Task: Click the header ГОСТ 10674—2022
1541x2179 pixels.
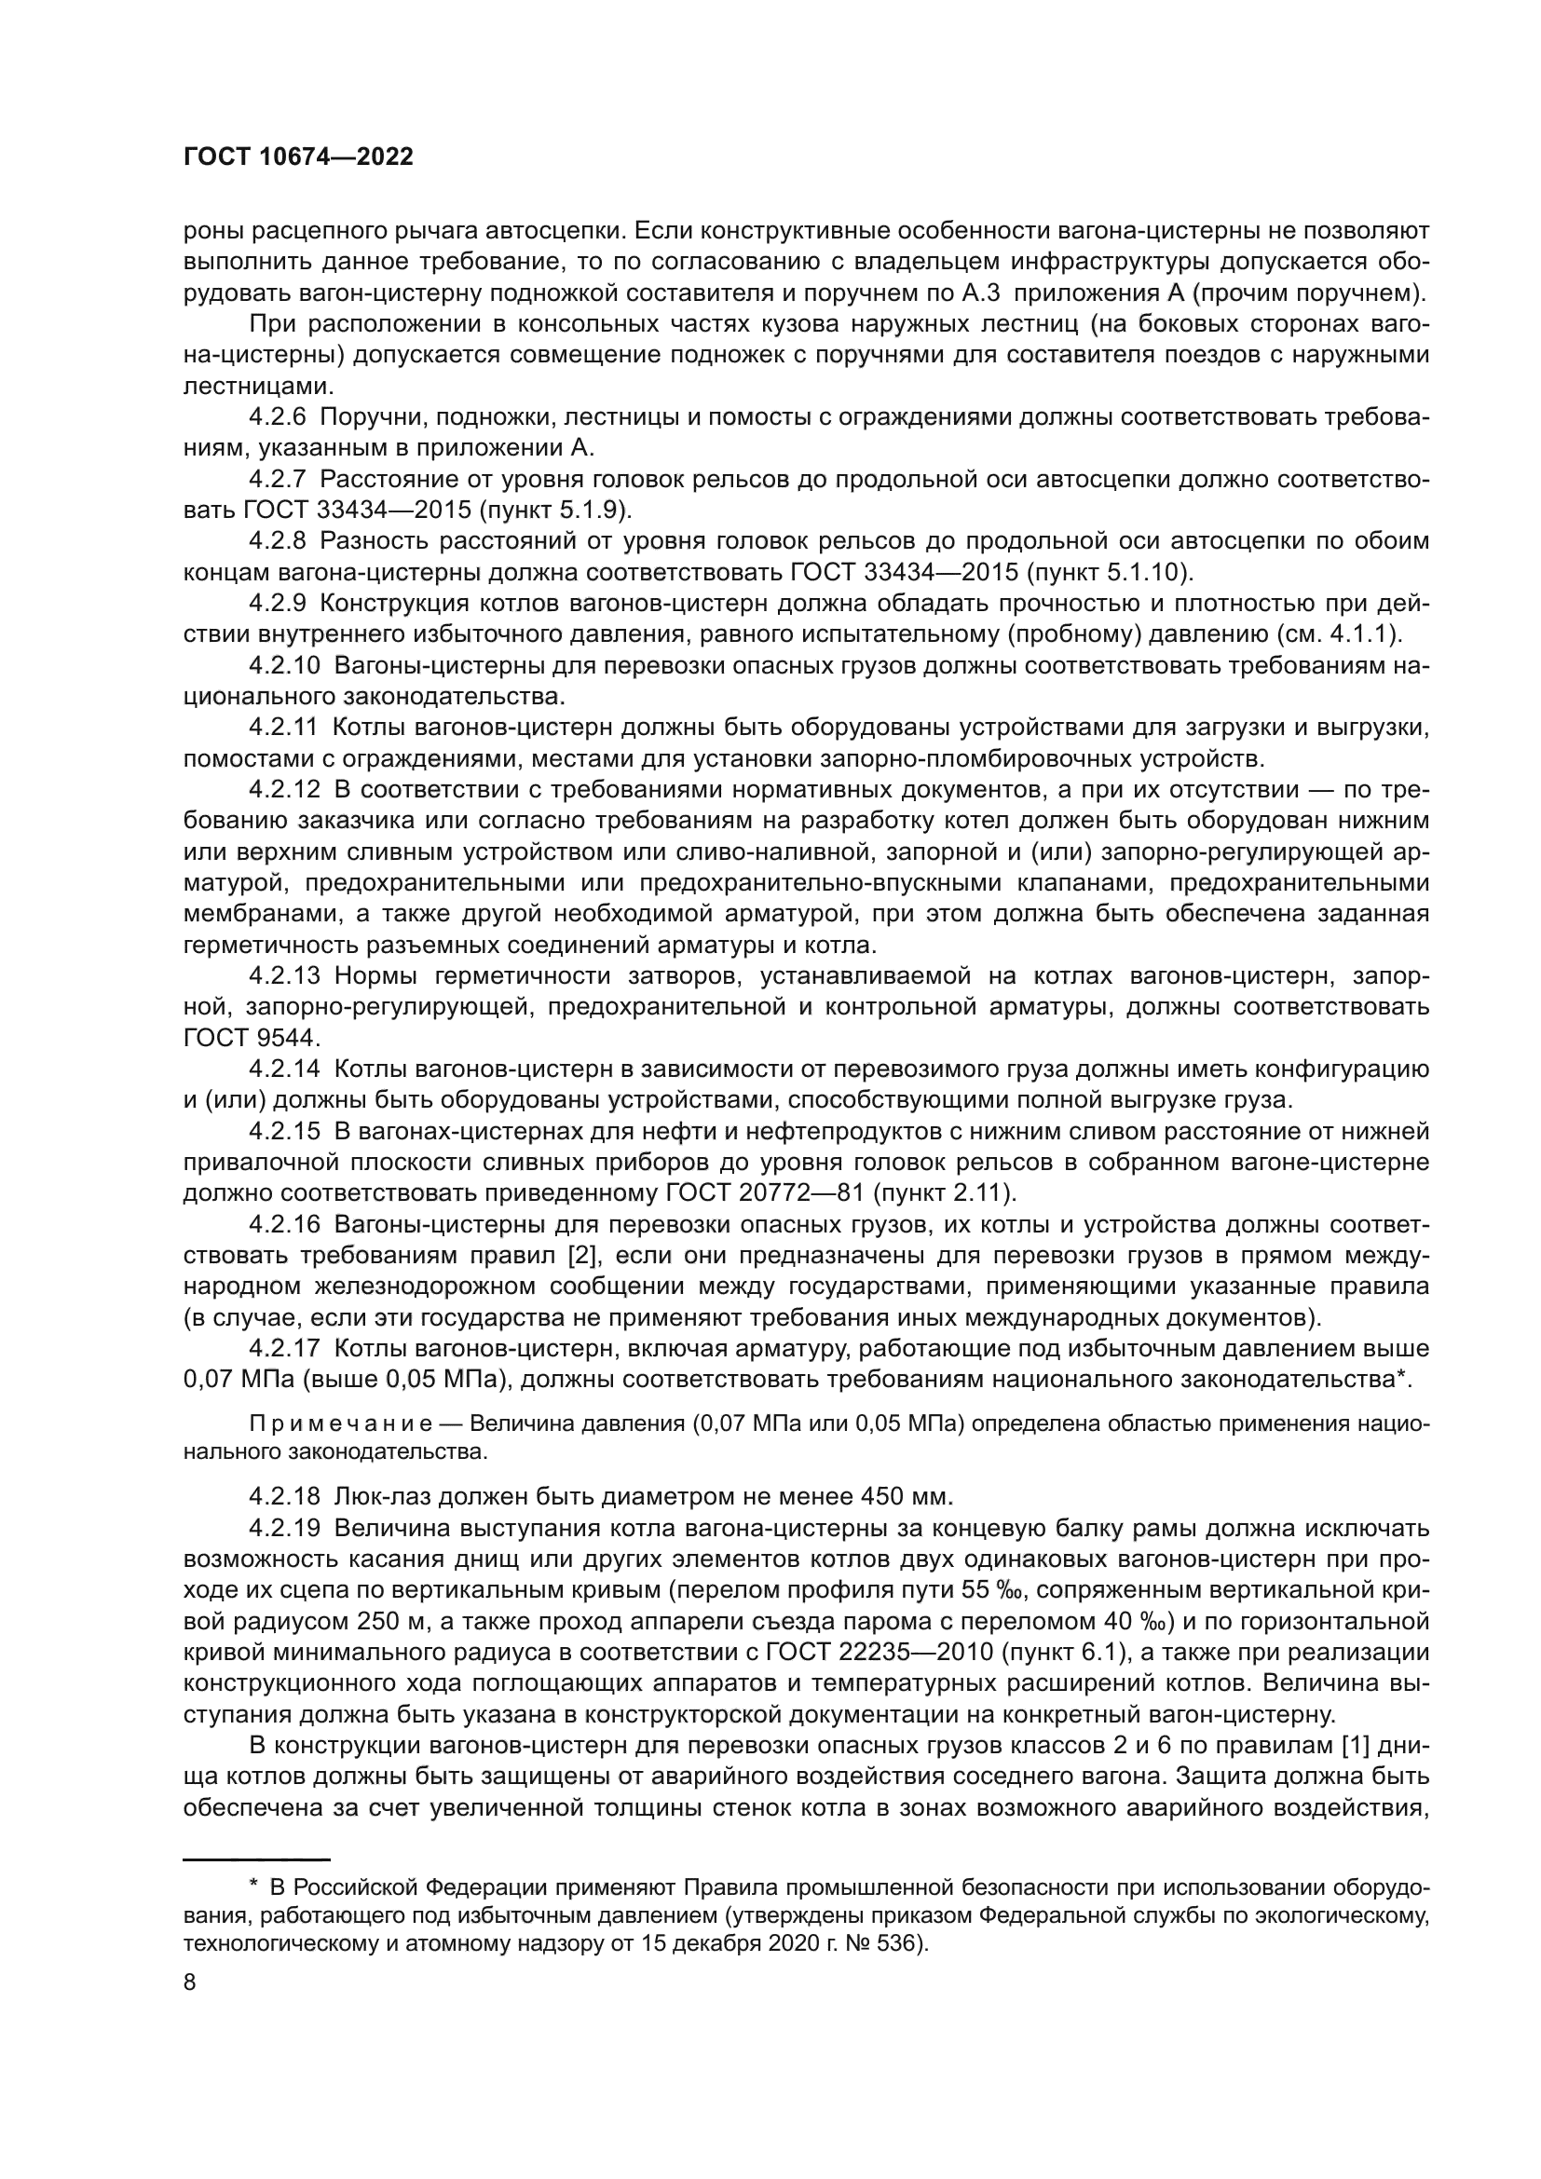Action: click(298, 157)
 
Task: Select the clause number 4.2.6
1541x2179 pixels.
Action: click(277, 416)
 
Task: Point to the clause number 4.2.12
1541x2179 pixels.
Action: click(283, 790)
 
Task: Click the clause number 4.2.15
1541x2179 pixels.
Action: click(283, 1131)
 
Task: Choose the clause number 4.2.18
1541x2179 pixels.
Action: click(283, 1497)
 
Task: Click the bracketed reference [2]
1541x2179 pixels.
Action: click(580, 1256)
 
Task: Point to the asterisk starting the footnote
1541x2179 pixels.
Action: click(253, 1881)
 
